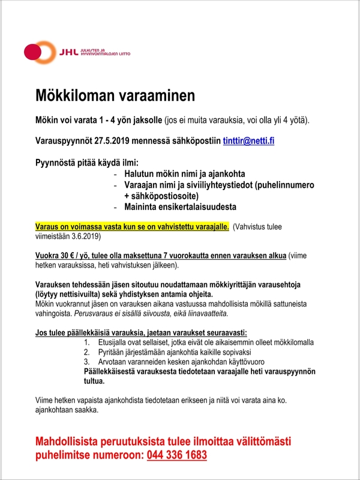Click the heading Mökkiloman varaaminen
[115, 95]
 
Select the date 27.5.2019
[111, 141]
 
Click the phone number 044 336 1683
[176, 455]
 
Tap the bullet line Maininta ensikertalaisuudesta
[180, 207]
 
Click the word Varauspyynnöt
[68, 141]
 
